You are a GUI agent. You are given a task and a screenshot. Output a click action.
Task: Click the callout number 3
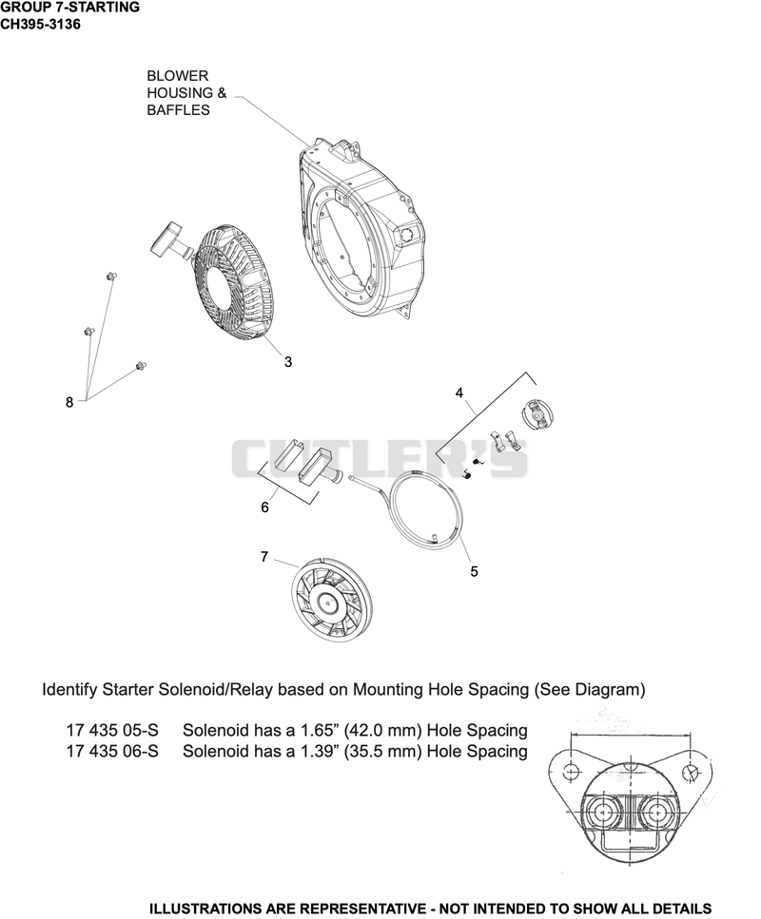pyautogui.click(x=288, y=362)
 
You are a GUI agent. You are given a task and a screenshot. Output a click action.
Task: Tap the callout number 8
pyautogui.click(x=69, y=402)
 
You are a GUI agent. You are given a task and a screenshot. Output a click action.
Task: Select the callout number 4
pyautogui.click(x=459, y=392)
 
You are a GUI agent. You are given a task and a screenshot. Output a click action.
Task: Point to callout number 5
pyautogui.click(x=474, y=571)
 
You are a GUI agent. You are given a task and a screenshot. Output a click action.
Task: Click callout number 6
pyautogui.click(x=264, y=507)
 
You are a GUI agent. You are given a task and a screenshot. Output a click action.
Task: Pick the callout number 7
pyautogui.click(x=264, y=556)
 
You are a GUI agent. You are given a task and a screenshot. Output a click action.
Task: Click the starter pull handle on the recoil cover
pyautogui.click(x=170, y=239)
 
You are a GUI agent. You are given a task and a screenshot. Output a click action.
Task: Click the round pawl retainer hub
pyautogui.click(x=537, y=413)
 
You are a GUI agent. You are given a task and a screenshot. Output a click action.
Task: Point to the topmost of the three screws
pyautogui.click(x=110, y=276)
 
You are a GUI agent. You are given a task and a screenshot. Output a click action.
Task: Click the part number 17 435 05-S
pyautogui.click(x=112, y=730)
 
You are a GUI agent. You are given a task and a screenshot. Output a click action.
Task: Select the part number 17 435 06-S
pyautogui.click(x=112, y=751)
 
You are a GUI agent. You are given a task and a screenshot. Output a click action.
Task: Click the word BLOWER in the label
pyautogui.click(x=177, y=76)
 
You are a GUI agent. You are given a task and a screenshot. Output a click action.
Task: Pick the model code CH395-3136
pyautogui.click(x=41, y=25)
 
